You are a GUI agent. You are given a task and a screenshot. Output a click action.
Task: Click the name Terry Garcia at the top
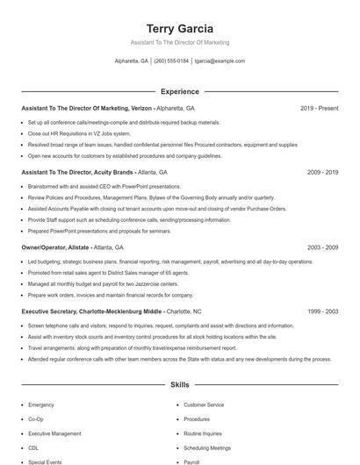179,28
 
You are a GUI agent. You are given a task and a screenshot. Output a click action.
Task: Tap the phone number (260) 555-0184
171,61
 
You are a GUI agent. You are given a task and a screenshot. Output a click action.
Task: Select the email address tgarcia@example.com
220,61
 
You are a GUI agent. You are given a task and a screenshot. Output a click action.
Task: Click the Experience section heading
179,91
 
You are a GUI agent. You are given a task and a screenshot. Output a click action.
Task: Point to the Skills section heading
179,384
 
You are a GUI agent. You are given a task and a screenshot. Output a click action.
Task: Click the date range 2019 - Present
319,108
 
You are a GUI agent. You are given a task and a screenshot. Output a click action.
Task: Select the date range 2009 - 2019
322,173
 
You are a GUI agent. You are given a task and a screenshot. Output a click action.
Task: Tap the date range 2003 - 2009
322,248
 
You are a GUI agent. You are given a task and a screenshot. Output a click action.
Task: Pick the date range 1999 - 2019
322,311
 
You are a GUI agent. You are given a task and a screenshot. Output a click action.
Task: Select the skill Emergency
41,404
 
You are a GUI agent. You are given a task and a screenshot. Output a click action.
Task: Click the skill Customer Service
204,404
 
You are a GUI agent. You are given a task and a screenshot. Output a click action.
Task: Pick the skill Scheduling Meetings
207,447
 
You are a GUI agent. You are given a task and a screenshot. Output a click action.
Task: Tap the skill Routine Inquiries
203,433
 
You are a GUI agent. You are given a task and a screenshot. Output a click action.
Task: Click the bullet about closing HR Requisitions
73,133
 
